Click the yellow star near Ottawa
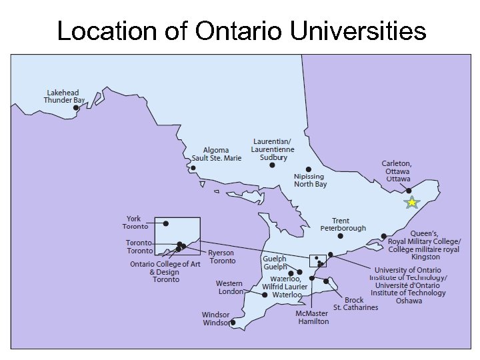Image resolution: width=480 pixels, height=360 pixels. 412,203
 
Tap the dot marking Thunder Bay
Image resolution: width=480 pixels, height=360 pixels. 76,107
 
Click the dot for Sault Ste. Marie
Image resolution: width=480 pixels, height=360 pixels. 193,168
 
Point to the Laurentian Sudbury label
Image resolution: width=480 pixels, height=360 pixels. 273,149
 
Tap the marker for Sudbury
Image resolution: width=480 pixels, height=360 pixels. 272,165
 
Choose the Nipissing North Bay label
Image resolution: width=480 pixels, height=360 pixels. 310,180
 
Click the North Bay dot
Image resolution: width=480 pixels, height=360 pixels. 309,169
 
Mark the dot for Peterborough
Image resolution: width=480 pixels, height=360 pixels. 341,235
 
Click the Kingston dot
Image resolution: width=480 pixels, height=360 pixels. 383,236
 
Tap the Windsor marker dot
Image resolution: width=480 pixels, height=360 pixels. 233,322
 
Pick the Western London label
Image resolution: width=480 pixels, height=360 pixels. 230,287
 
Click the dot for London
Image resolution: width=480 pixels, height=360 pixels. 265,294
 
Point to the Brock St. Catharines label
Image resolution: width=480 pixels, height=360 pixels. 355,304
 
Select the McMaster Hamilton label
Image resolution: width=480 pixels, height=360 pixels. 312,317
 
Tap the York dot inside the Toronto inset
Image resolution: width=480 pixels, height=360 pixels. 166,223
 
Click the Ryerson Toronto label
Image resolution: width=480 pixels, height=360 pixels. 221,257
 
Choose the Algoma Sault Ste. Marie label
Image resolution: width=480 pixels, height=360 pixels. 216,154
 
